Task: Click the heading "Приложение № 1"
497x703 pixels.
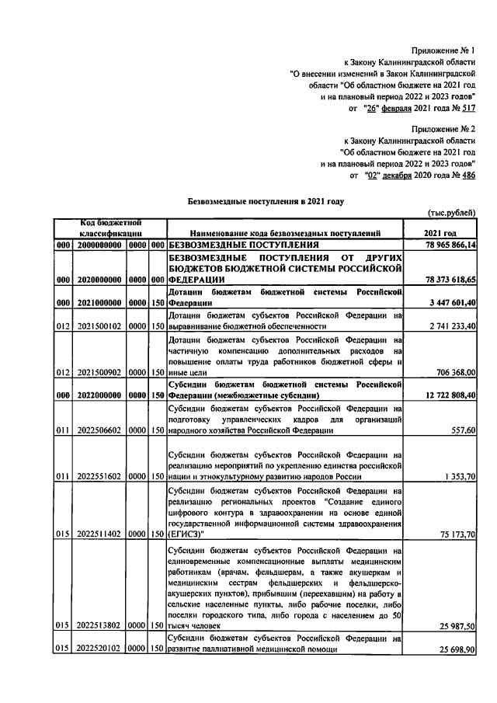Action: click(443, 50)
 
